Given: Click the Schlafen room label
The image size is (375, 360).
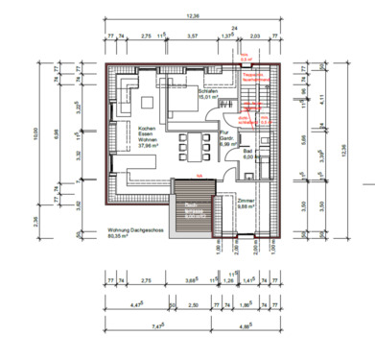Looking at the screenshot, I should click(x=183, y=94).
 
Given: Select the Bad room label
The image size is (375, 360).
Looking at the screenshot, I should click(x=247, y=154).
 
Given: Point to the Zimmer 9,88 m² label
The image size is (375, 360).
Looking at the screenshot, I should click(x=248, y=203).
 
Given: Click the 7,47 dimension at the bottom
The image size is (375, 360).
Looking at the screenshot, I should click(x=142, y=326).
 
